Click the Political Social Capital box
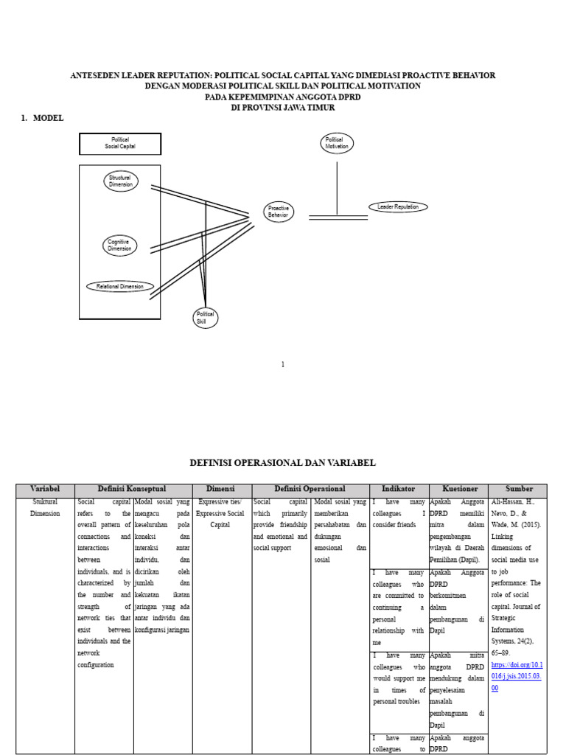[120, 144]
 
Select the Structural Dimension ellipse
[120, 181]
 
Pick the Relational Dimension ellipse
[120, 286]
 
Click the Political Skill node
[205, 319]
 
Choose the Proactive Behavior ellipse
[279, 212]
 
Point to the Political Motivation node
[337, 143]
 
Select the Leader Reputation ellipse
[398, 207]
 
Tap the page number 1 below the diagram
[282, 364]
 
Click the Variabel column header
[45, 490]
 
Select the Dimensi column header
[222, 490]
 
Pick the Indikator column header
[399, 490]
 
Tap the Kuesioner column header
[460, 490]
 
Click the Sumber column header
[519, 490]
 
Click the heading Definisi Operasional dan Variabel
[282, 463]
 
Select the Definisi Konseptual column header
[133, 490]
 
